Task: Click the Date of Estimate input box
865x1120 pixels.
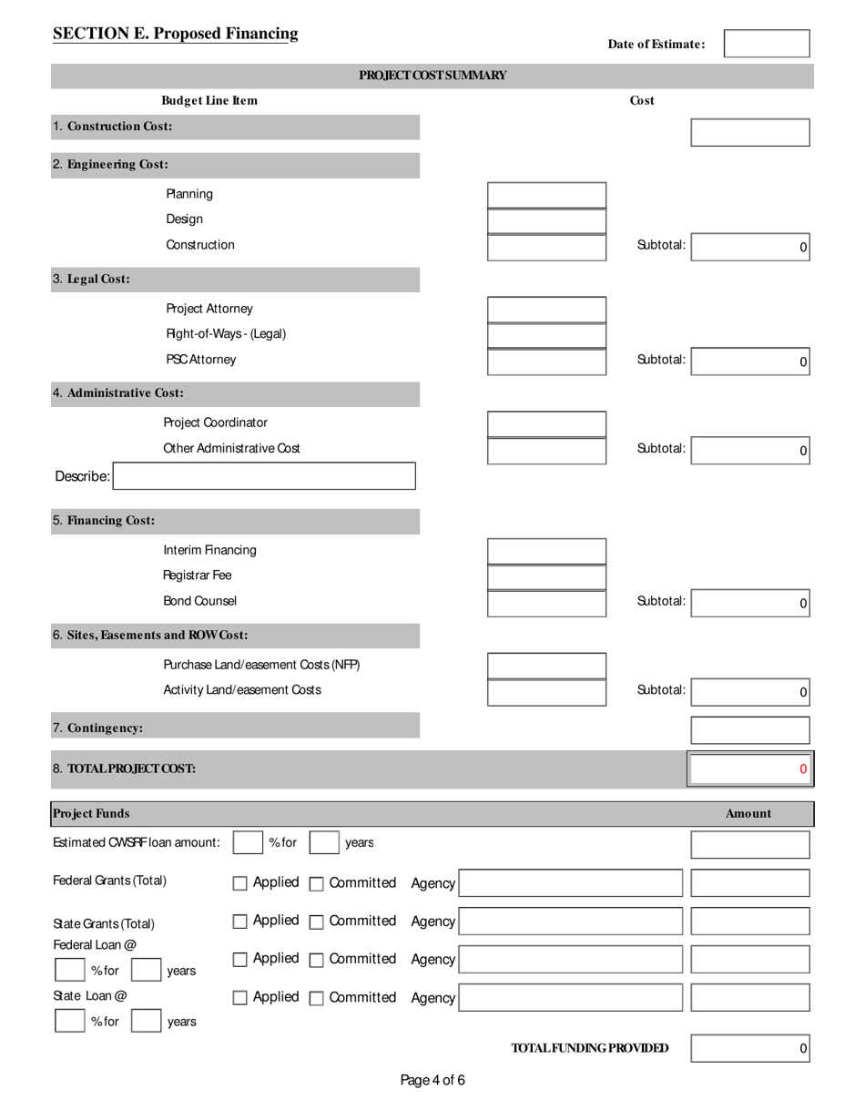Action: pyautogui.click(x=767, y=44)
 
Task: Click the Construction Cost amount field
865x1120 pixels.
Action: pyautogui.click(x=749, y=132)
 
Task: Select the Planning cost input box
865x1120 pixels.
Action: pyautogui.click(x=546, y=195)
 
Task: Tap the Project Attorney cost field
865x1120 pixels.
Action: pyautogui.click(x=546, y=310)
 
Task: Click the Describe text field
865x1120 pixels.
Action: pyautogui.click(x=264, y=476)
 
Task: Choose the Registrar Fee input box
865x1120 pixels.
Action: pyautogui.click(x=546, y=576)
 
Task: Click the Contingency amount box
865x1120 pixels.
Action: pyautogui.click(x=749, y=730)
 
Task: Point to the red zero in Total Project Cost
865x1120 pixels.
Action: pyautogui.click(x=803, y=769)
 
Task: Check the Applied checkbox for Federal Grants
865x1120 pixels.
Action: pyautogui.click(x=240, y=883)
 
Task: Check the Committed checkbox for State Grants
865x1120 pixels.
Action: pyautogui.click(x=317, y=921)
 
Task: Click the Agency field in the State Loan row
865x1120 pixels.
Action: pyautogui.click(x=570, y=998)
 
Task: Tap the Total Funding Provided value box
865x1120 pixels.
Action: pyautogui.click(x=749, y=1049)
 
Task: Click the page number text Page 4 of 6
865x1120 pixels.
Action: pyautogui.click(x=432, y=1081)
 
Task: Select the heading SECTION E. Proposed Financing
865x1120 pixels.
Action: pyautogui.click(x=176, y=34)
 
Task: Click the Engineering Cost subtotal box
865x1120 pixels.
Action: pyautogui.click(x=749, y=247)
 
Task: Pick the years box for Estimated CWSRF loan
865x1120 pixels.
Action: pyautogui.click(x=324, y=843)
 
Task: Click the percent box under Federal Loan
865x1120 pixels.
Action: pyautogui.click(x=70, y=971)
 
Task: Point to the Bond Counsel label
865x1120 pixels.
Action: pyautogui.click(x=199, y=601)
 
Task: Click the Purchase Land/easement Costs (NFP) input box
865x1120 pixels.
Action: pyautogui.click(x=546, y=666)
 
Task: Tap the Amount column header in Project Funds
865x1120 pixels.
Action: pyautogui.click(x=748, y=814)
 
